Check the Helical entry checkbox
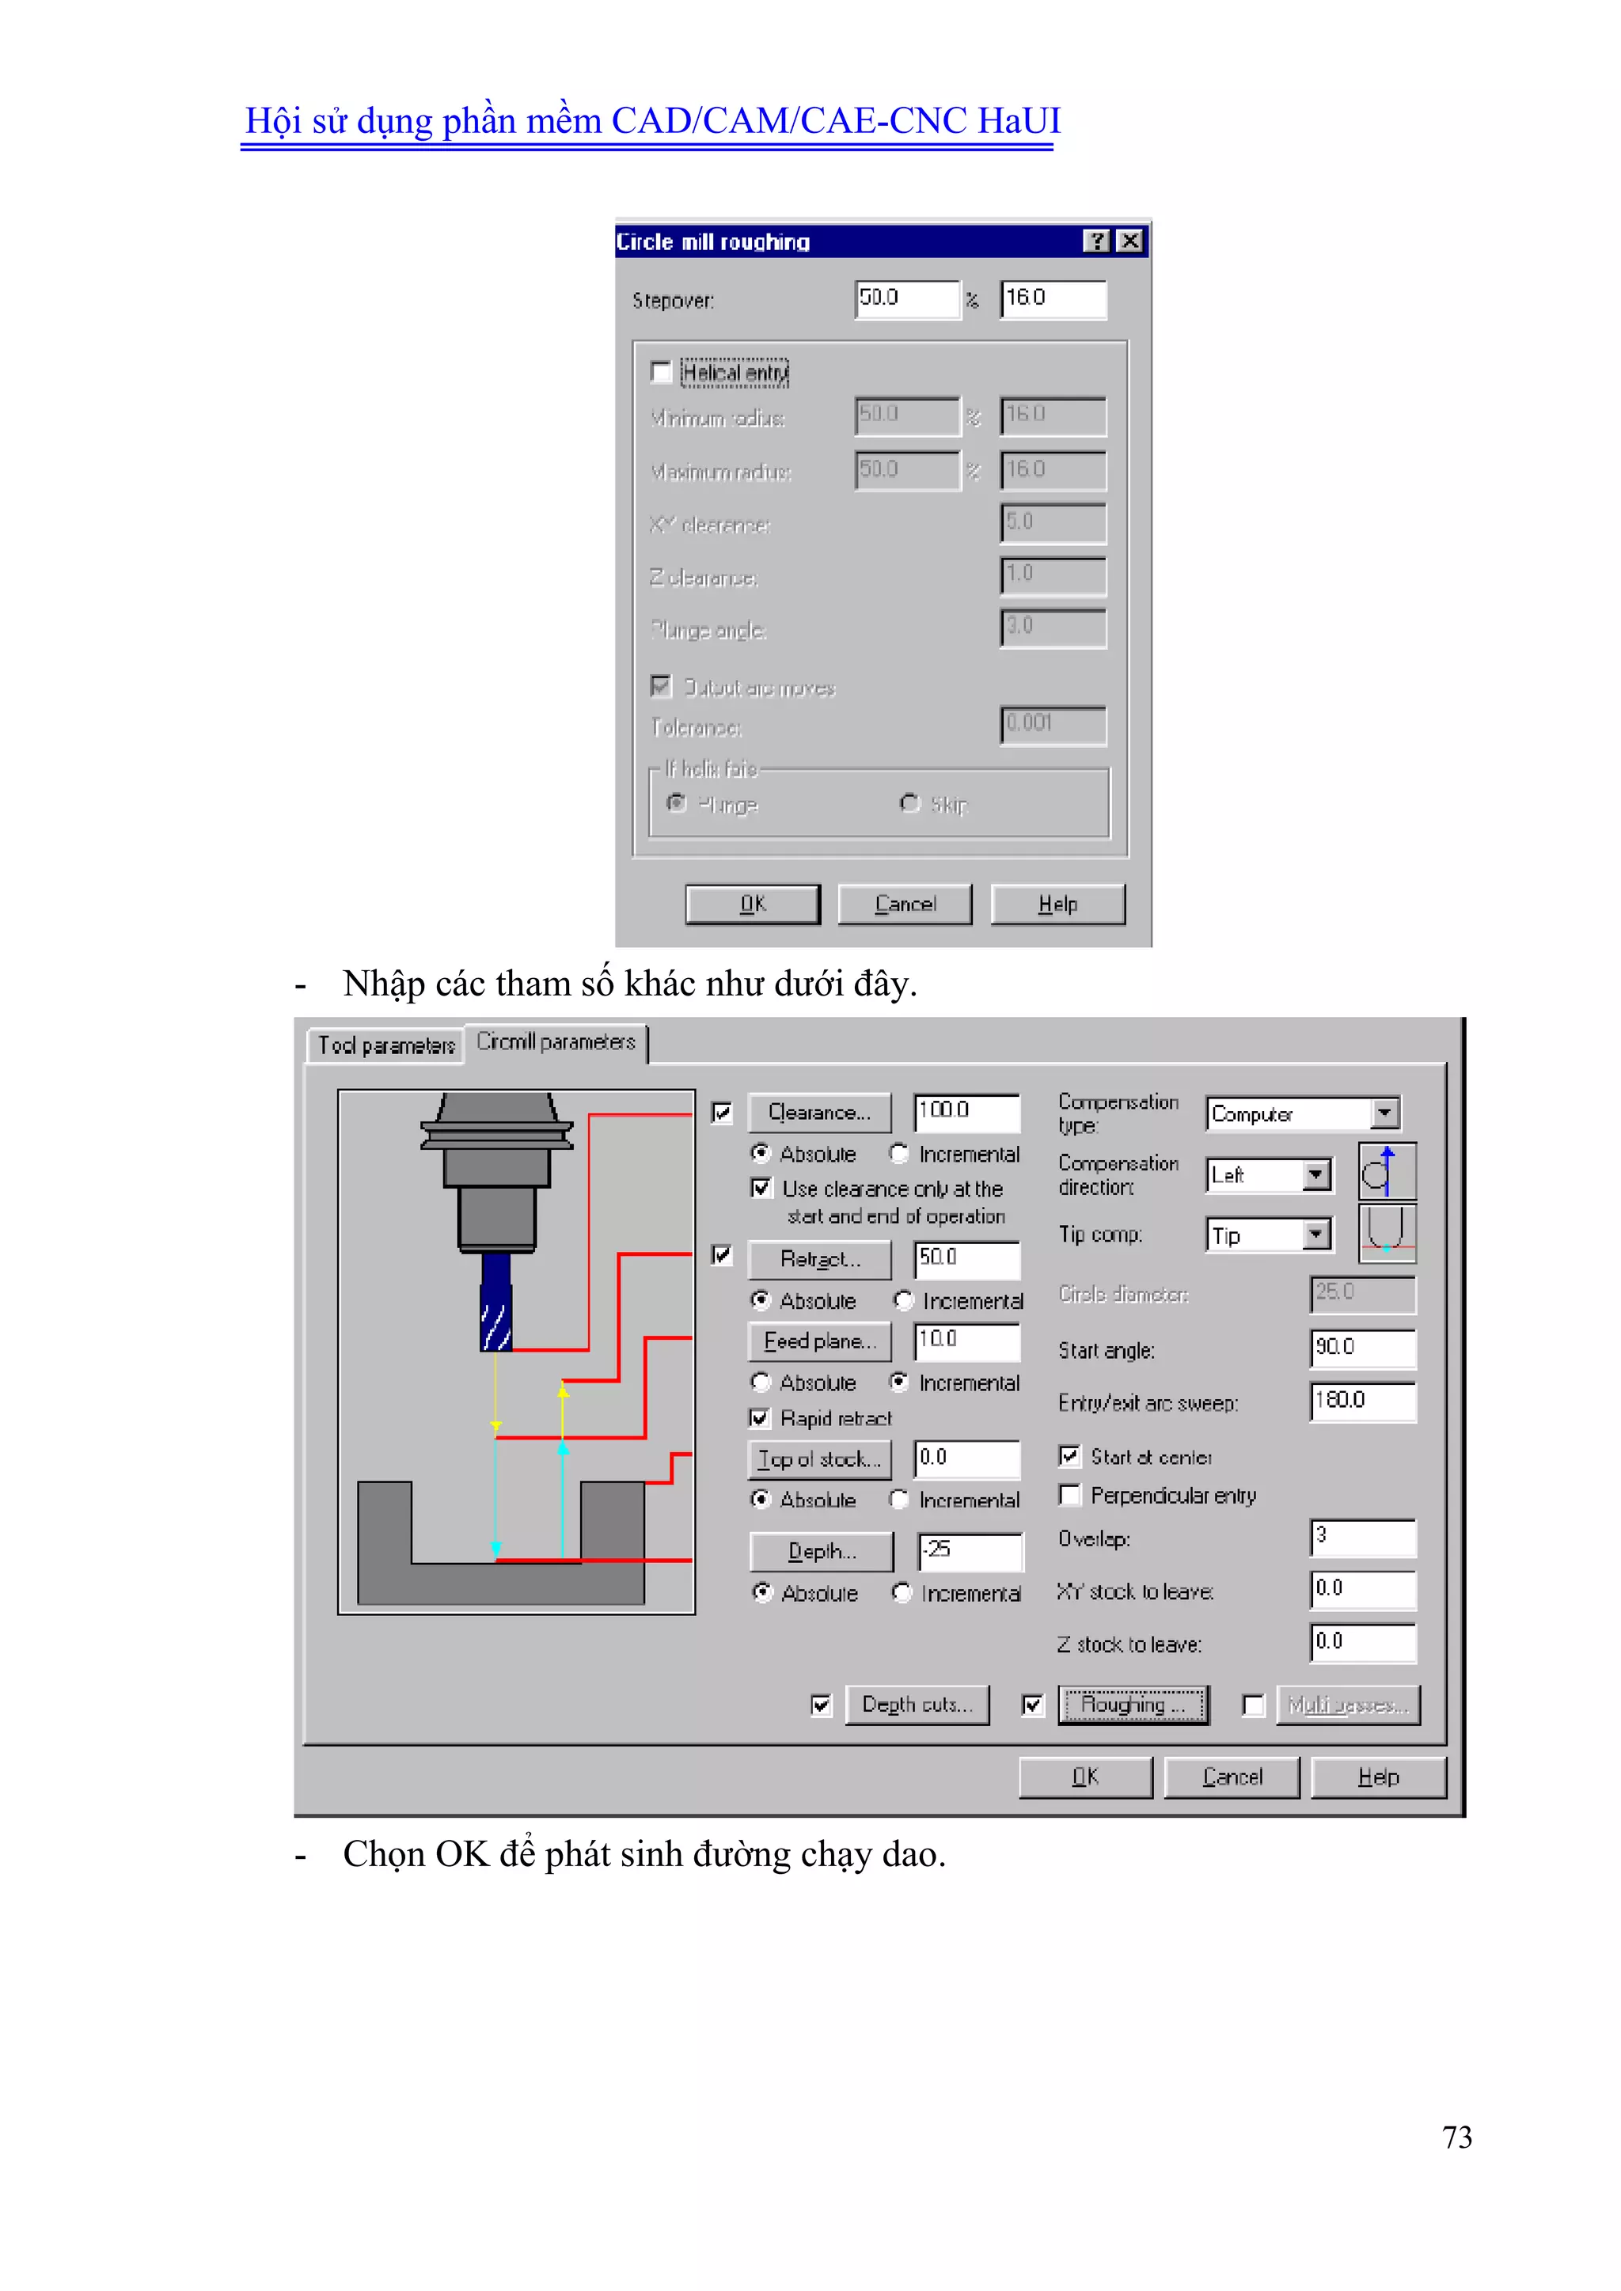[660, 372]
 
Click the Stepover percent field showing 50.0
[906, 298]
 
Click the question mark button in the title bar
[1096, 241]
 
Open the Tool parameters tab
[385, 1045]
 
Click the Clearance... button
[818, 1112]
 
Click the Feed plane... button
[818, 1341]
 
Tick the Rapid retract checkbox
[760, 1418]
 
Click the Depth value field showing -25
[970, 1549]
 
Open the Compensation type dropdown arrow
[1384, 1113]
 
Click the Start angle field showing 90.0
[1362, 1348]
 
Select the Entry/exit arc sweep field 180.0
[1362, 1401]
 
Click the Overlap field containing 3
[1362, 1537]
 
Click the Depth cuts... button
[917, 1705]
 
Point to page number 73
[1456, 2137]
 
